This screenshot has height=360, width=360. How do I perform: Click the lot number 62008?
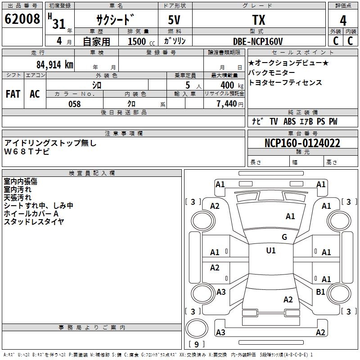coord(22,19)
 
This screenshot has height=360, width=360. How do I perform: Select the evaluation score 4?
coord(343,20)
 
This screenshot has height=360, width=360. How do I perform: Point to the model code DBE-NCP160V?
coord(258,41)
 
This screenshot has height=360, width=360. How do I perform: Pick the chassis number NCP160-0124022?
coord(302,143)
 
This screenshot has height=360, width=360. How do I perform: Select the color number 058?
coord(74,104)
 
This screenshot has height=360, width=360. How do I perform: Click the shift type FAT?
coord(13,94)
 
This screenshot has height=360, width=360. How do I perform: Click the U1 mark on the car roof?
coord(271,251)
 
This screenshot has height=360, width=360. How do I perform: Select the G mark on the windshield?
coord(284,237)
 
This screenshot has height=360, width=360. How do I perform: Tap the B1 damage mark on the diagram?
coord(320,292)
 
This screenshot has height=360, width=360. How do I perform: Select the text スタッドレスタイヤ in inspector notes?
coord(34,221)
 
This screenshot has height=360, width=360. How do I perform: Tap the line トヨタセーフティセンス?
coord(285,82)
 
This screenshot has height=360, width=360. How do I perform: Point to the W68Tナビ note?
coord(27,152)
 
